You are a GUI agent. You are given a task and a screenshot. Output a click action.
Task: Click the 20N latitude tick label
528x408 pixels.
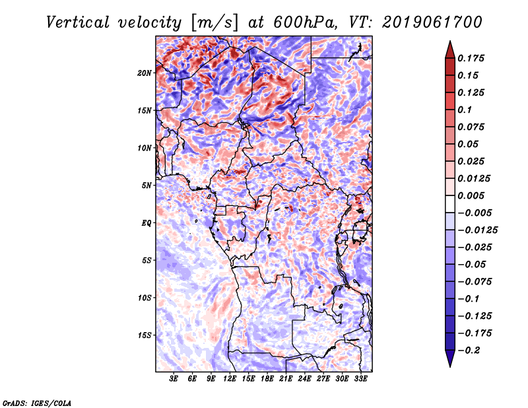tap(145, 73)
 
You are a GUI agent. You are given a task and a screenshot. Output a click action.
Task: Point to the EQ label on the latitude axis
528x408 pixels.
tap(147, 222)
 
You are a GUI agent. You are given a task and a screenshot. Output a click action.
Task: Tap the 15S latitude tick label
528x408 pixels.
tap(145, 335)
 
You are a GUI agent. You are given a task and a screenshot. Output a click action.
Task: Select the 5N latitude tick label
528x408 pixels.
tap(147, 185)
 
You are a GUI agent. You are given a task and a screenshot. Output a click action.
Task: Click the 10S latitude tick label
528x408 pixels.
tap(145, 298)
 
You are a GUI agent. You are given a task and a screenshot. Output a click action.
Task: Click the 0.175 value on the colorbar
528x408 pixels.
tap(473, 58)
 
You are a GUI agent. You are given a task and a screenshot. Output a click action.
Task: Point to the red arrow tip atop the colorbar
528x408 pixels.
tap(449, 46)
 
